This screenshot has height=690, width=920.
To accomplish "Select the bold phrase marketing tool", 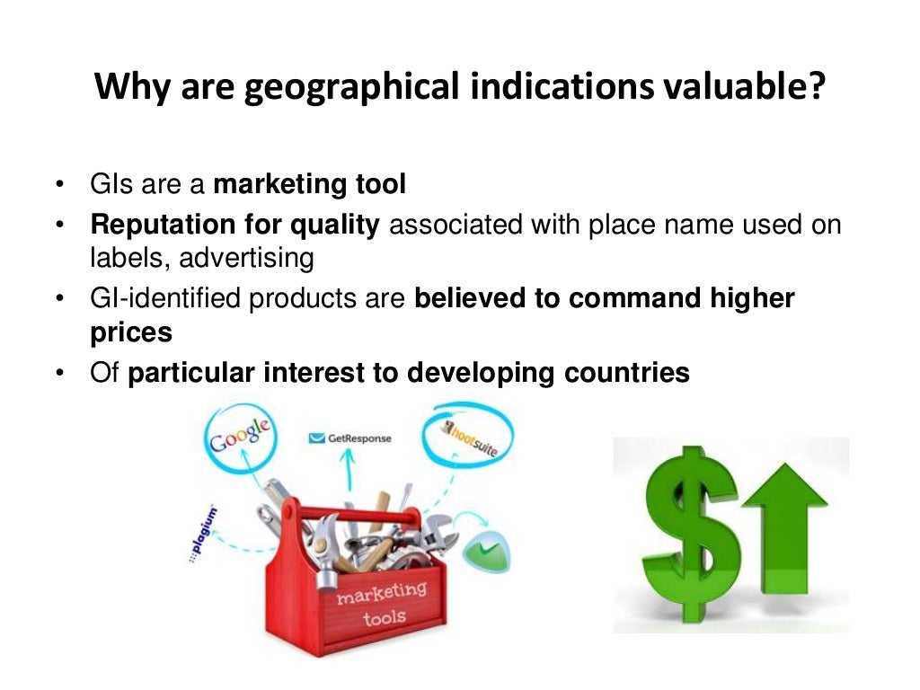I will pyautogui.click(x=310, y=185).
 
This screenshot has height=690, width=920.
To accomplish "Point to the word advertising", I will pyautogui.click(x=246, y=259).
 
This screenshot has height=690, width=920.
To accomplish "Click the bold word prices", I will pyautogui.click(x=131, y=332).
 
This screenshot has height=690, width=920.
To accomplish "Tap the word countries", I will pyautogui.click(x=632, y=372).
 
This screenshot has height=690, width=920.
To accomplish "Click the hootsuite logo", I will pyautogui.click(x=469, y=441).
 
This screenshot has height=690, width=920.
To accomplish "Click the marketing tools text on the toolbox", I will pyautogui.click(x=382, y=604).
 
